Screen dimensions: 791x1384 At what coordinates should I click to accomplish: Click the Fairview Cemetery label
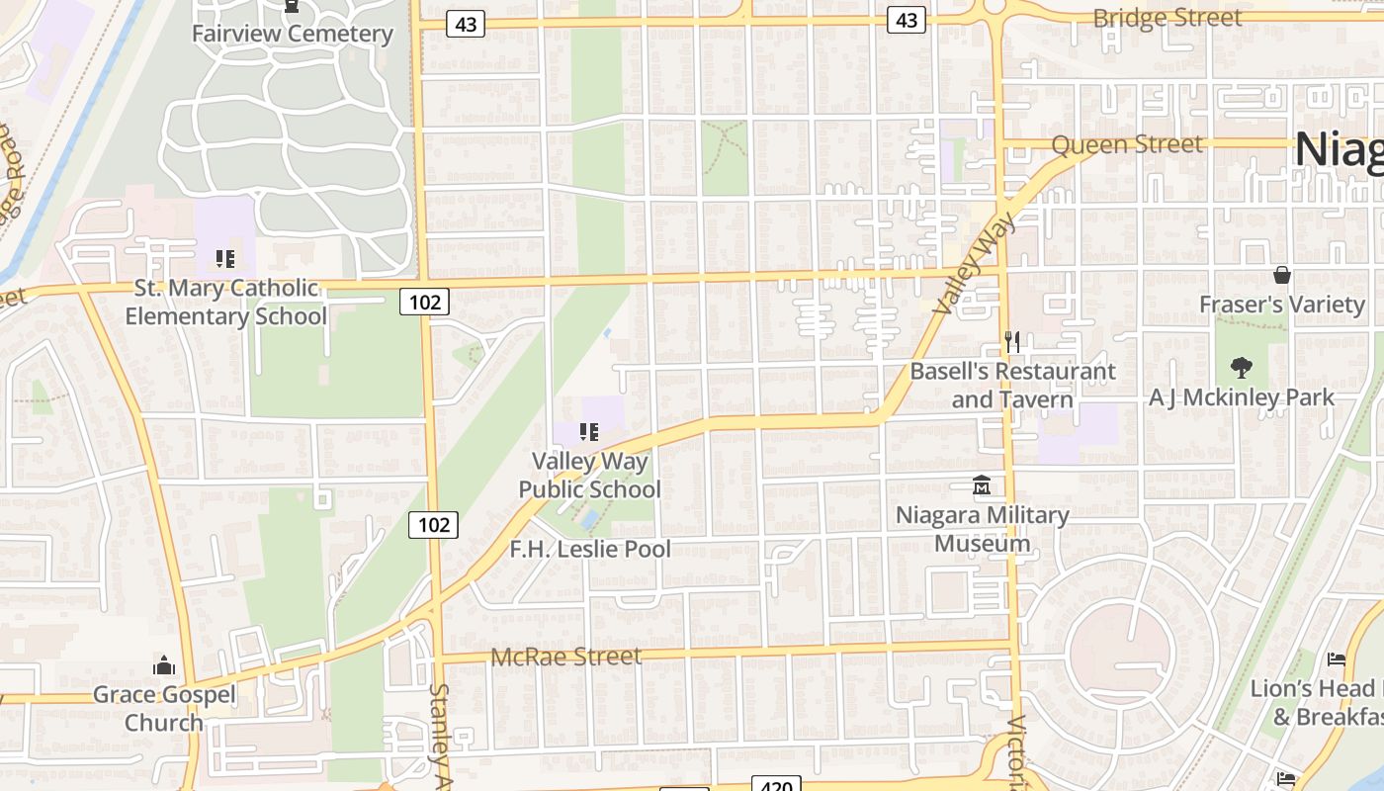click(292, 34)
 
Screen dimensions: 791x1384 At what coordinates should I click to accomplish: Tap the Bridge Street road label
click(1167, 18)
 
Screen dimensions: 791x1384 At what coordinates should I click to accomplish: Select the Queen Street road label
click(1127, 144)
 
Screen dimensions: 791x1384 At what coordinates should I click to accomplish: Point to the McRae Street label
click(565, 657)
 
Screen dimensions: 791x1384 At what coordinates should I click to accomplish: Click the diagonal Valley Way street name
click(973, 264)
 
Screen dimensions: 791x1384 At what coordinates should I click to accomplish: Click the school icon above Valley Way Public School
click(589, 431)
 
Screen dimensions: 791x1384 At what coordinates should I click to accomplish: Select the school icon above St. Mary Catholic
click(225, 259)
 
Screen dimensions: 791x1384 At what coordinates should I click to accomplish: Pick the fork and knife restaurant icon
click(1011, 342)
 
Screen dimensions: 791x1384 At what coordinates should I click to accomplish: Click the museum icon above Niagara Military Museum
click(982, 485)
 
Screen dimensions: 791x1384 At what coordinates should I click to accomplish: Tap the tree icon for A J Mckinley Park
click(1241, 368)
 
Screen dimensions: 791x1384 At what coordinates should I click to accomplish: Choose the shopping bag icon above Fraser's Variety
click(1282, 275)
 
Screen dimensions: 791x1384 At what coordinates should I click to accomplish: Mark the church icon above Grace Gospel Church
click(164, 665)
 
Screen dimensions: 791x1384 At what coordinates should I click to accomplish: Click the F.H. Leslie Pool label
click(590, 549)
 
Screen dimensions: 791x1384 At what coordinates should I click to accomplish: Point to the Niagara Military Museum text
click(982, 529)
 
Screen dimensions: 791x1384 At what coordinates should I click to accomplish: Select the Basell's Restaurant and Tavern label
click(1012, 386)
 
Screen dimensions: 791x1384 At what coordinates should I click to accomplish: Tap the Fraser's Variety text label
click(1281, 305)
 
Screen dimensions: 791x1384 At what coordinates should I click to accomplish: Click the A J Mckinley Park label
click(1241, 397)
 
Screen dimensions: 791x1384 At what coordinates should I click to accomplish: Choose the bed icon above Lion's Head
click(1336, 659)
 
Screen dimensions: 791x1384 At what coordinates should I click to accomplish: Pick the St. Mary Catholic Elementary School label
click(225, 303)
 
